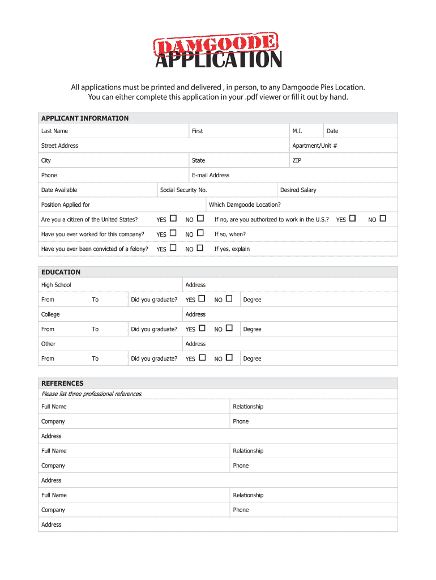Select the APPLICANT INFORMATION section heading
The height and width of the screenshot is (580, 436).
click(x=84, y=118)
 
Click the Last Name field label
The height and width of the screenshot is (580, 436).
click(x=54, y=131)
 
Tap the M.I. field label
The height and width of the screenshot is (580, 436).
click(x=297, y=131)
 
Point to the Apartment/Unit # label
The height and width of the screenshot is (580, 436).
click(x=314, y=146)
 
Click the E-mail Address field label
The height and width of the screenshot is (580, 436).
click(x=210, y=175)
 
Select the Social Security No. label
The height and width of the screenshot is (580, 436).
click(x=183, y=190)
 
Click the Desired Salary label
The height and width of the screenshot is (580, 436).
click(x=298, y=190)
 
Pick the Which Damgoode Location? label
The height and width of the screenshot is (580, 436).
click(x=245, y=204)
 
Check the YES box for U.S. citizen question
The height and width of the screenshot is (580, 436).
click(x=173, y=219)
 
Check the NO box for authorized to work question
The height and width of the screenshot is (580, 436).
click(x=383, y=219)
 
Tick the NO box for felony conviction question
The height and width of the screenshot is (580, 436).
click(x=200, y=248)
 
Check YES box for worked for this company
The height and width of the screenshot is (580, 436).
click(x=173, y=233)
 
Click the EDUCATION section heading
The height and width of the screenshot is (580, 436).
click(x=61, y=272)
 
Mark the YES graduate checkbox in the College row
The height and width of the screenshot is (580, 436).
click(x=202, y=328)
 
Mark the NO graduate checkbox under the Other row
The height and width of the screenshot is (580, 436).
click(x=229, y=357)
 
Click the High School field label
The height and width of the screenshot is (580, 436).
click(x=56, y=285)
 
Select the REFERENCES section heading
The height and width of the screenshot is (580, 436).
click(x=62, y=383)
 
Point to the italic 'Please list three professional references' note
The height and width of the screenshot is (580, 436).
click(x=92, y=394)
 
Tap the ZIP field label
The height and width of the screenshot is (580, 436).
click(x=297, y=160)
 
